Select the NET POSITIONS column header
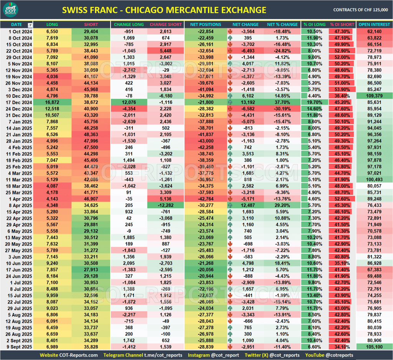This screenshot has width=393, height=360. [x=206, y=25]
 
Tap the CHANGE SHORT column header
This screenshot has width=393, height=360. [x=166, y=25]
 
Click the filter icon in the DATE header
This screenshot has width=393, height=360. [x=30, y=25]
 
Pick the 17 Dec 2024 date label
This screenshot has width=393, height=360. [x=17, y=102]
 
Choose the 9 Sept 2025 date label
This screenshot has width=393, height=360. [x=17, y=347]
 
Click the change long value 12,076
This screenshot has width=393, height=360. [x=129, y=102]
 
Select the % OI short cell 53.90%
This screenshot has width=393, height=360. [x=342, y=89]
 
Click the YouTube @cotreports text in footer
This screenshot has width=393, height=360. [x=329, y=355]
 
